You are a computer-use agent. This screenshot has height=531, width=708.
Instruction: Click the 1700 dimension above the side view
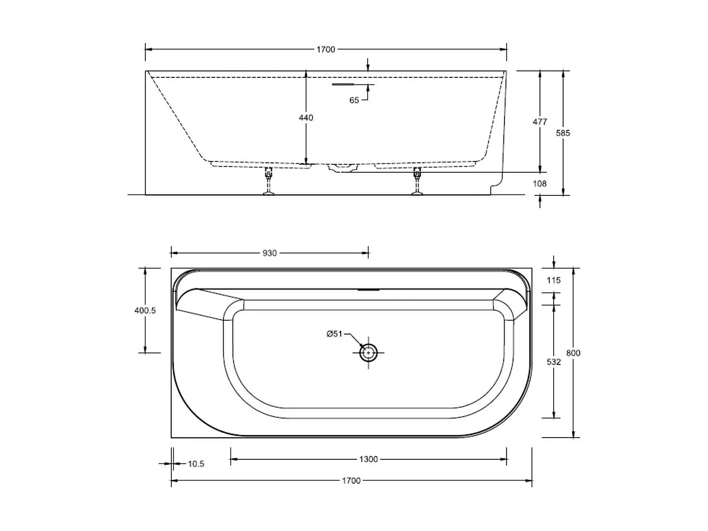point(325,49)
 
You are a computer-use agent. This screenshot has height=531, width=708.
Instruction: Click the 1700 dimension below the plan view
point(351,480)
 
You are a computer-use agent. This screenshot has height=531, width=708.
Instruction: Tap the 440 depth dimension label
point(306,118)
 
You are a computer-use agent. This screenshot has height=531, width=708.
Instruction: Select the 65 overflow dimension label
point(354,100)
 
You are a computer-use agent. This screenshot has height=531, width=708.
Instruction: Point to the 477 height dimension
point(539,122)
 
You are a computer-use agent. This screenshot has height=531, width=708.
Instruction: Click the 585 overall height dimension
point(563,133)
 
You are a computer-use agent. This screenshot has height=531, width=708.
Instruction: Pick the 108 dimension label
point(539,184)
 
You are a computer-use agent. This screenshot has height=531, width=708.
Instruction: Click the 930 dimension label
point(270,253)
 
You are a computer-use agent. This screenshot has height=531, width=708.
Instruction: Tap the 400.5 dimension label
point(145,311)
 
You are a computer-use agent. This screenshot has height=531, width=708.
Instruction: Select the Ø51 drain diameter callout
point(334,334)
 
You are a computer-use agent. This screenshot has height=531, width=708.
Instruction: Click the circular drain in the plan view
point(368,353)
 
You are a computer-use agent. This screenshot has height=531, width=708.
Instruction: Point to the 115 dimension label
point(554,280)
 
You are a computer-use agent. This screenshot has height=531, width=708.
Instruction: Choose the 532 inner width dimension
point(554,362)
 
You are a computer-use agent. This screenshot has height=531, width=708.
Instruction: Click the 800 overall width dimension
point(573,353)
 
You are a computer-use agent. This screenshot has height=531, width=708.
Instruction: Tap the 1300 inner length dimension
point(368,459)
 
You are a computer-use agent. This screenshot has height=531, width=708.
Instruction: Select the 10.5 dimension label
point(196,464)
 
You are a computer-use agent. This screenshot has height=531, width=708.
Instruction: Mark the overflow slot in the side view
point(349,84)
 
